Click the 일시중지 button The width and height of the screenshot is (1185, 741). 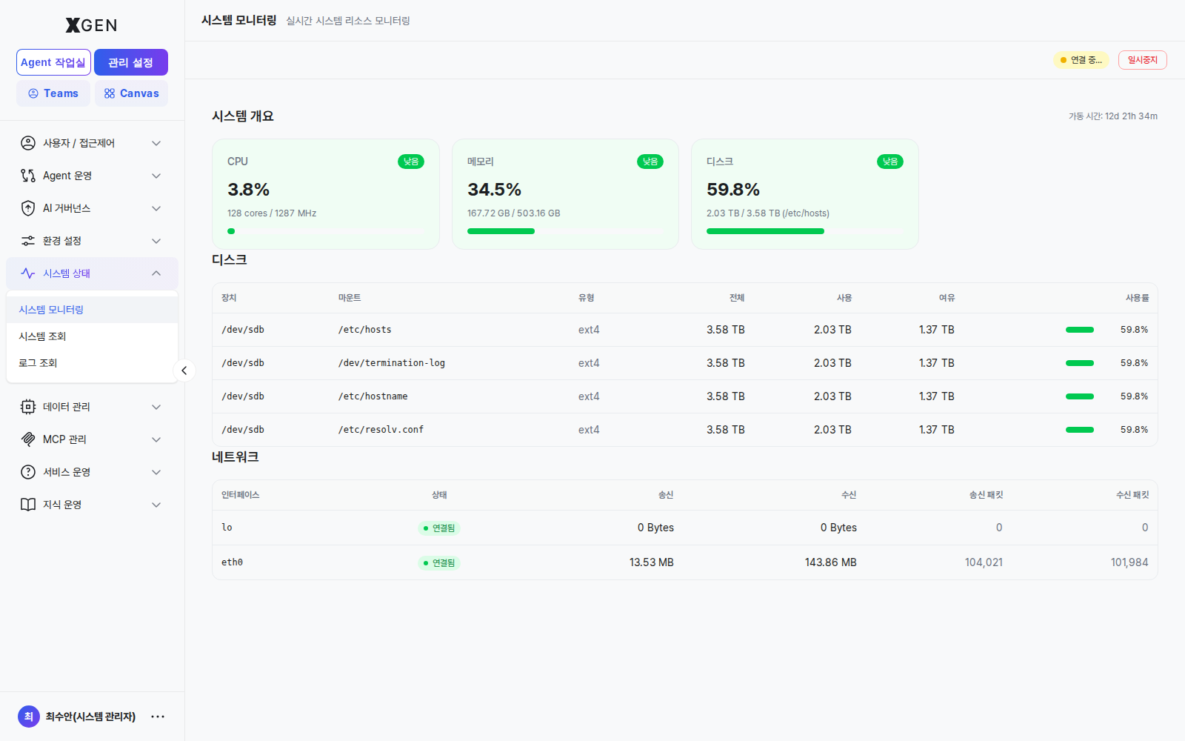(x=1142, y=60)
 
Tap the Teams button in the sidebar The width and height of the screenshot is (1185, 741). (x=53, y=93)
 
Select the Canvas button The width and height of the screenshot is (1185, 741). (x=131, y=93)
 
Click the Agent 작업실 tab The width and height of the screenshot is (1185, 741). (x=53, y=62)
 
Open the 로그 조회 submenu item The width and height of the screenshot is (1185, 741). (x=38, y=363)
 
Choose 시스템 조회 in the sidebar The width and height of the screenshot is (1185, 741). (x=42, y=336)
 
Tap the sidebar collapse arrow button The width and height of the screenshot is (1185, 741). (x=184, y=370)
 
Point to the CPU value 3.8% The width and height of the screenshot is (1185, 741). (x=248, y=189)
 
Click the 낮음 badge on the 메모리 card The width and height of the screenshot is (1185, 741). (x=650, y=162)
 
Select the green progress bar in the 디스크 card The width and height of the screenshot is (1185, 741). (x=765, y=231)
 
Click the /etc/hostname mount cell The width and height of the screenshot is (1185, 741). (x=373, y=396)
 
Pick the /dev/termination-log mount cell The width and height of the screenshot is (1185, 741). (x=392, y=363)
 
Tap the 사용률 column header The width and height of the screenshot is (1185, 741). (x=1137, y=298)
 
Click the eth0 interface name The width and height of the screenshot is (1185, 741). (x=232, y=562)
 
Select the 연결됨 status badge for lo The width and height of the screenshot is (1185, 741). (x=439, y=528)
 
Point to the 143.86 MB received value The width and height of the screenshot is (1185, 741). (x=830, y=562)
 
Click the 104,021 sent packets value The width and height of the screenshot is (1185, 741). (x=984, y=562)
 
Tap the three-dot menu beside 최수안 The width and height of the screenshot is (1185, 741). (x=158, y=717)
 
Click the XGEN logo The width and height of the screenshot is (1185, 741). (x=92, y=25)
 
